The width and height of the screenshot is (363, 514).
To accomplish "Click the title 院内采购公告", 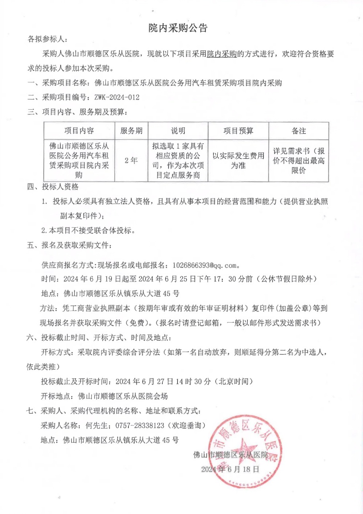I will (x=178, y=28).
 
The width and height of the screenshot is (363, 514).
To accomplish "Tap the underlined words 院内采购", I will (x=221, y=54).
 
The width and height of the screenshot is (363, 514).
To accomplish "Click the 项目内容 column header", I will (x=79, y=131).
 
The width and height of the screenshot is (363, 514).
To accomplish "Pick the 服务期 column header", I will (x=131, y=131).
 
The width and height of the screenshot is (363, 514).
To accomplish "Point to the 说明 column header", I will (x=178, y=131).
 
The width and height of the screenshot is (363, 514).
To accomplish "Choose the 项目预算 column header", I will (x=238, y=131).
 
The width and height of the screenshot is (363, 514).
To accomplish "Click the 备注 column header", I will (x=298, y=131).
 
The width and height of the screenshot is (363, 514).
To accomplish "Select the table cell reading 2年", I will (x=131, y=160).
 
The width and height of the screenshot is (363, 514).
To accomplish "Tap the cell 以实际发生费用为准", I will (x=238, y=160).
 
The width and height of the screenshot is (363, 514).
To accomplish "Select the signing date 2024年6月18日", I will (x=230, y=469).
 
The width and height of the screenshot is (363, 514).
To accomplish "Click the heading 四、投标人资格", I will (x=53, y=187).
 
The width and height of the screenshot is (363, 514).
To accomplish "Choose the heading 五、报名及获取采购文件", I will (x=69, y=245).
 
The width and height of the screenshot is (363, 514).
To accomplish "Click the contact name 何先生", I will (x=97, y=425).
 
